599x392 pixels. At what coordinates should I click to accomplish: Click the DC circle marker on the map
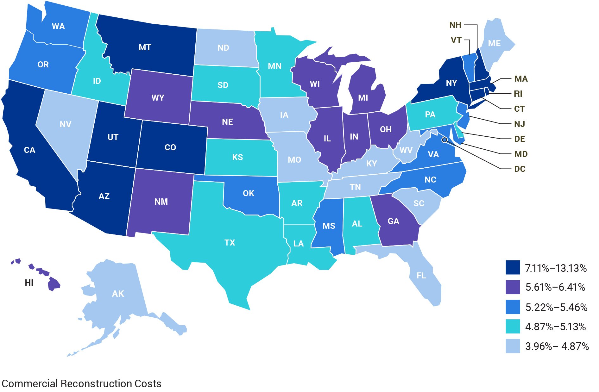pyautogui.click(x=445, y=140)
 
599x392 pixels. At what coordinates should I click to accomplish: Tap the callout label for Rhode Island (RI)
pyautogui.click(x=518, y=94)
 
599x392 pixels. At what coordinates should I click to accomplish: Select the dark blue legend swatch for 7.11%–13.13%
pyautogui.click(x=513, y=267)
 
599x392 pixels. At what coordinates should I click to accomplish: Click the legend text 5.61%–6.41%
pyautogui.click(x=555, y=287)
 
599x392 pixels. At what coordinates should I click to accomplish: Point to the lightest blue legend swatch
pyautogui.click(x=513, y=346)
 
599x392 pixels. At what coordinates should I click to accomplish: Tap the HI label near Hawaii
pyautogui.click(x=29, y=283)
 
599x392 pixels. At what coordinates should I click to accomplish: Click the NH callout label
pyautogui.click(x=455, y=25)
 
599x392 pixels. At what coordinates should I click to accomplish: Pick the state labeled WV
pyautogui.click(x=406, y=150)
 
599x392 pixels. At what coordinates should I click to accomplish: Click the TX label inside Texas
pyautogui.click(x=230, y=243)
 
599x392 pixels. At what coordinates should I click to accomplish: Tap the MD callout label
pyautogui.click(x=521, y=154)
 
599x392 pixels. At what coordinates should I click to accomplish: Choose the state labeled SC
pyautogui.click(x=419, y=203)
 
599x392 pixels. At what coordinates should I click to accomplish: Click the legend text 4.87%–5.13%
pyautogui.click(x=555, y=327)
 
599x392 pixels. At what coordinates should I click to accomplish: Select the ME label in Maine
pyautogui.click(x=494, y=43)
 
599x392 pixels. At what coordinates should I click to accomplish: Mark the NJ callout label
pyautogui.click(x=519, y=124)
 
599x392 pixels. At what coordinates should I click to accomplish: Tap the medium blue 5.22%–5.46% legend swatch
pyautogui.click(x=513, y=307)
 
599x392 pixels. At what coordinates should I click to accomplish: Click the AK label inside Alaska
pyautogui.click(x=118, y=294)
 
